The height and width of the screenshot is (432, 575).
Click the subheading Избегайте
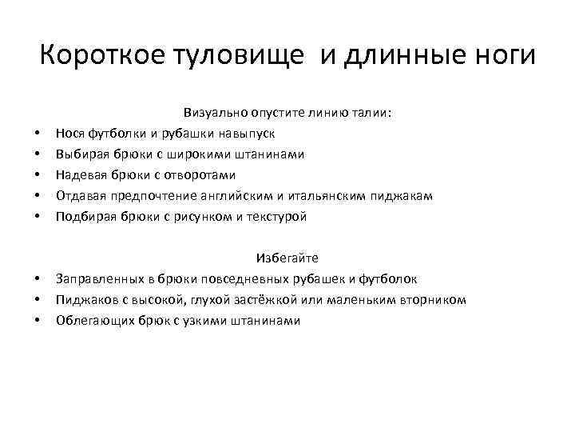[x=287, y=258]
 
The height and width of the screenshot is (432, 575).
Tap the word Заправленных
[x=93, y=278]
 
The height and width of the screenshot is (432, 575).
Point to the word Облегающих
[x=89, y=320]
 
